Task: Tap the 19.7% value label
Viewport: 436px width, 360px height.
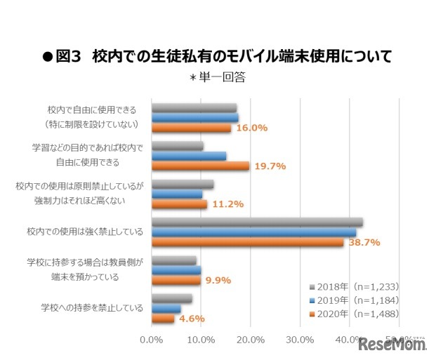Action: click(270, 166)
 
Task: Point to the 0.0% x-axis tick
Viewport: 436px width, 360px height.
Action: click(152, 340)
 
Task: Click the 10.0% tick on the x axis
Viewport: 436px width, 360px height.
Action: click(202, 340)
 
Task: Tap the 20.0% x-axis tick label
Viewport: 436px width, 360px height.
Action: click(251, 340)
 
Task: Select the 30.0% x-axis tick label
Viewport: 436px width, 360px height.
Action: click(300, 340)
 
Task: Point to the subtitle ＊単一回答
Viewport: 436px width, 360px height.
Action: click(217, 77)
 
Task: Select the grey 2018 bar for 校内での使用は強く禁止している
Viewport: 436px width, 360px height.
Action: click(257, 222)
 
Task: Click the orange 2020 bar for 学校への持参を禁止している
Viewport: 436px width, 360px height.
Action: click(163, 318)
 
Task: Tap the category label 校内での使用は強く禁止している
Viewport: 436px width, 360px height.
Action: click(86, 232)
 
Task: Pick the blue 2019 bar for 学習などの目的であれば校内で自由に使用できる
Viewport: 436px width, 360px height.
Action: click(189, 156)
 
